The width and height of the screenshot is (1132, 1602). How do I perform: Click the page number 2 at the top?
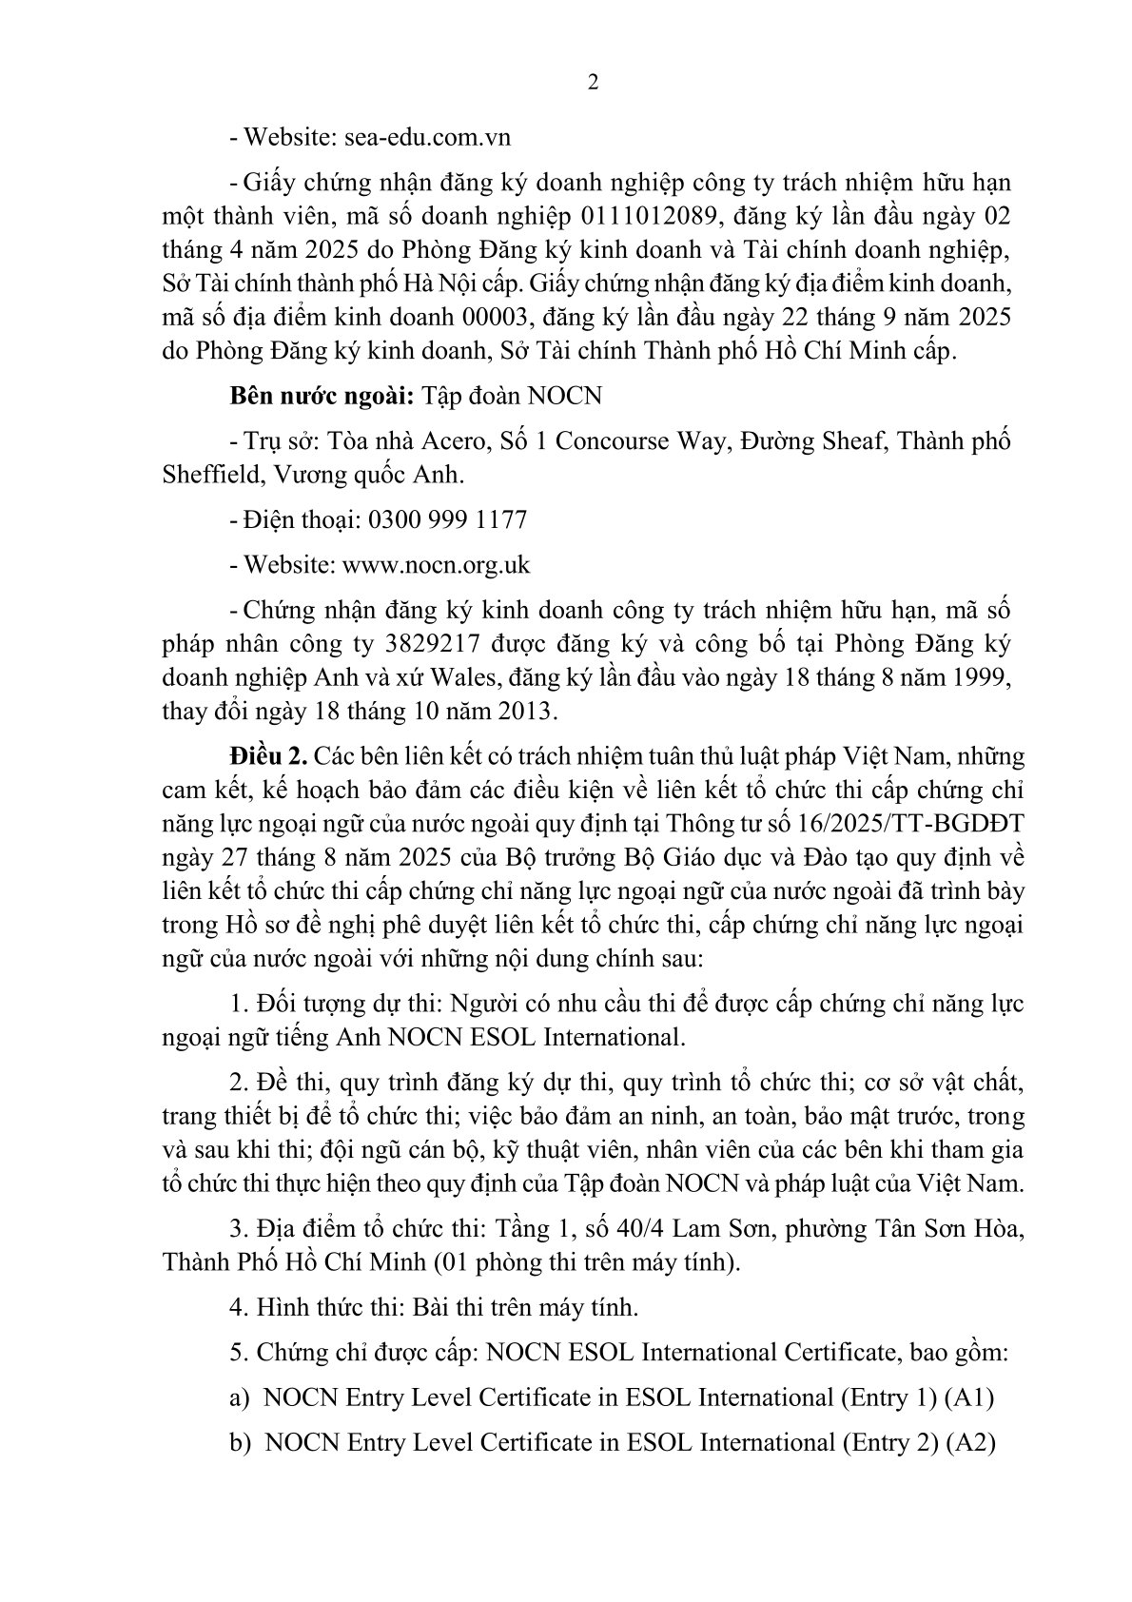594,83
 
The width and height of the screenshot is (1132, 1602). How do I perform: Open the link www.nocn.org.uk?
436,565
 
